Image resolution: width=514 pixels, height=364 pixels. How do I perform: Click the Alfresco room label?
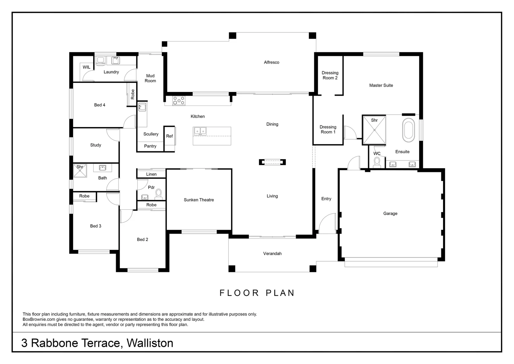[271, 62]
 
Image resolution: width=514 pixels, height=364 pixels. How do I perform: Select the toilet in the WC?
[377, 163]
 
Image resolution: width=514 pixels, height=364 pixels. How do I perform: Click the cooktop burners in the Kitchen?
[179, 100]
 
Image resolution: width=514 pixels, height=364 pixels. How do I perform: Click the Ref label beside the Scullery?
[170, 136]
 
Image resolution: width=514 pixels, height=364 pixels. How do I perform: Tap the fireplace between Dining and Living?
[272, 162]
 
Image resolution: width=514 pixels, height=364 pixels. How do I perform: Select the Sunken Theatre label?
[199, 200]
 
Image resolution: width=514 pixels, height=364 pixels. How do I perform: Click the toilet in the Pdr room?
[158, 194]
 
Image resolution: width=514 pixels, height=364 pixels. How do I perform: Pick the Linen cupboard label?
[151, 174]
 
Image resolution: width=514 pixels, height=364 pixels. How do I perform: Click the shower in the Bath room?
[80, 171]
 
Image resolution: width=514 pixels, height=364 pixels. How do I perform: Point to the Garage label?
[390, 213]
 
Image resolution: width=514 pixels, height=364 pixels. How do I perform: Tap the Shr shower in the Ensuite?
[374, 130]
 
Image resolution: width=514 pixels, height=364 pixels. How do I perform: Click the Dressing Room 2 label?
[330, 75]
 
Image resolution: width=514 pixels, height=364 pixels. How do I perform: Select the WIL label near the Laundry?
[86, 67]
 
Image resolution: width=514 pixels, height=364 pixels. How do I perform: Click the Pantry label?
[150, 146]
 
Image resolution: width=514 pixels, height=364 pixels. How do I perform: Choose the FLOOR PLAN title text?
[257, 293]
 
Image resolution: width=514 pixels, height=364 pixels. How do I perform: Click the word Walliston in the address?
[150, 343]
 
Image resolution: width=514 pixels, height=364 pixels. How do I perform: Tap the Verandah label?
[272, 253]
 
